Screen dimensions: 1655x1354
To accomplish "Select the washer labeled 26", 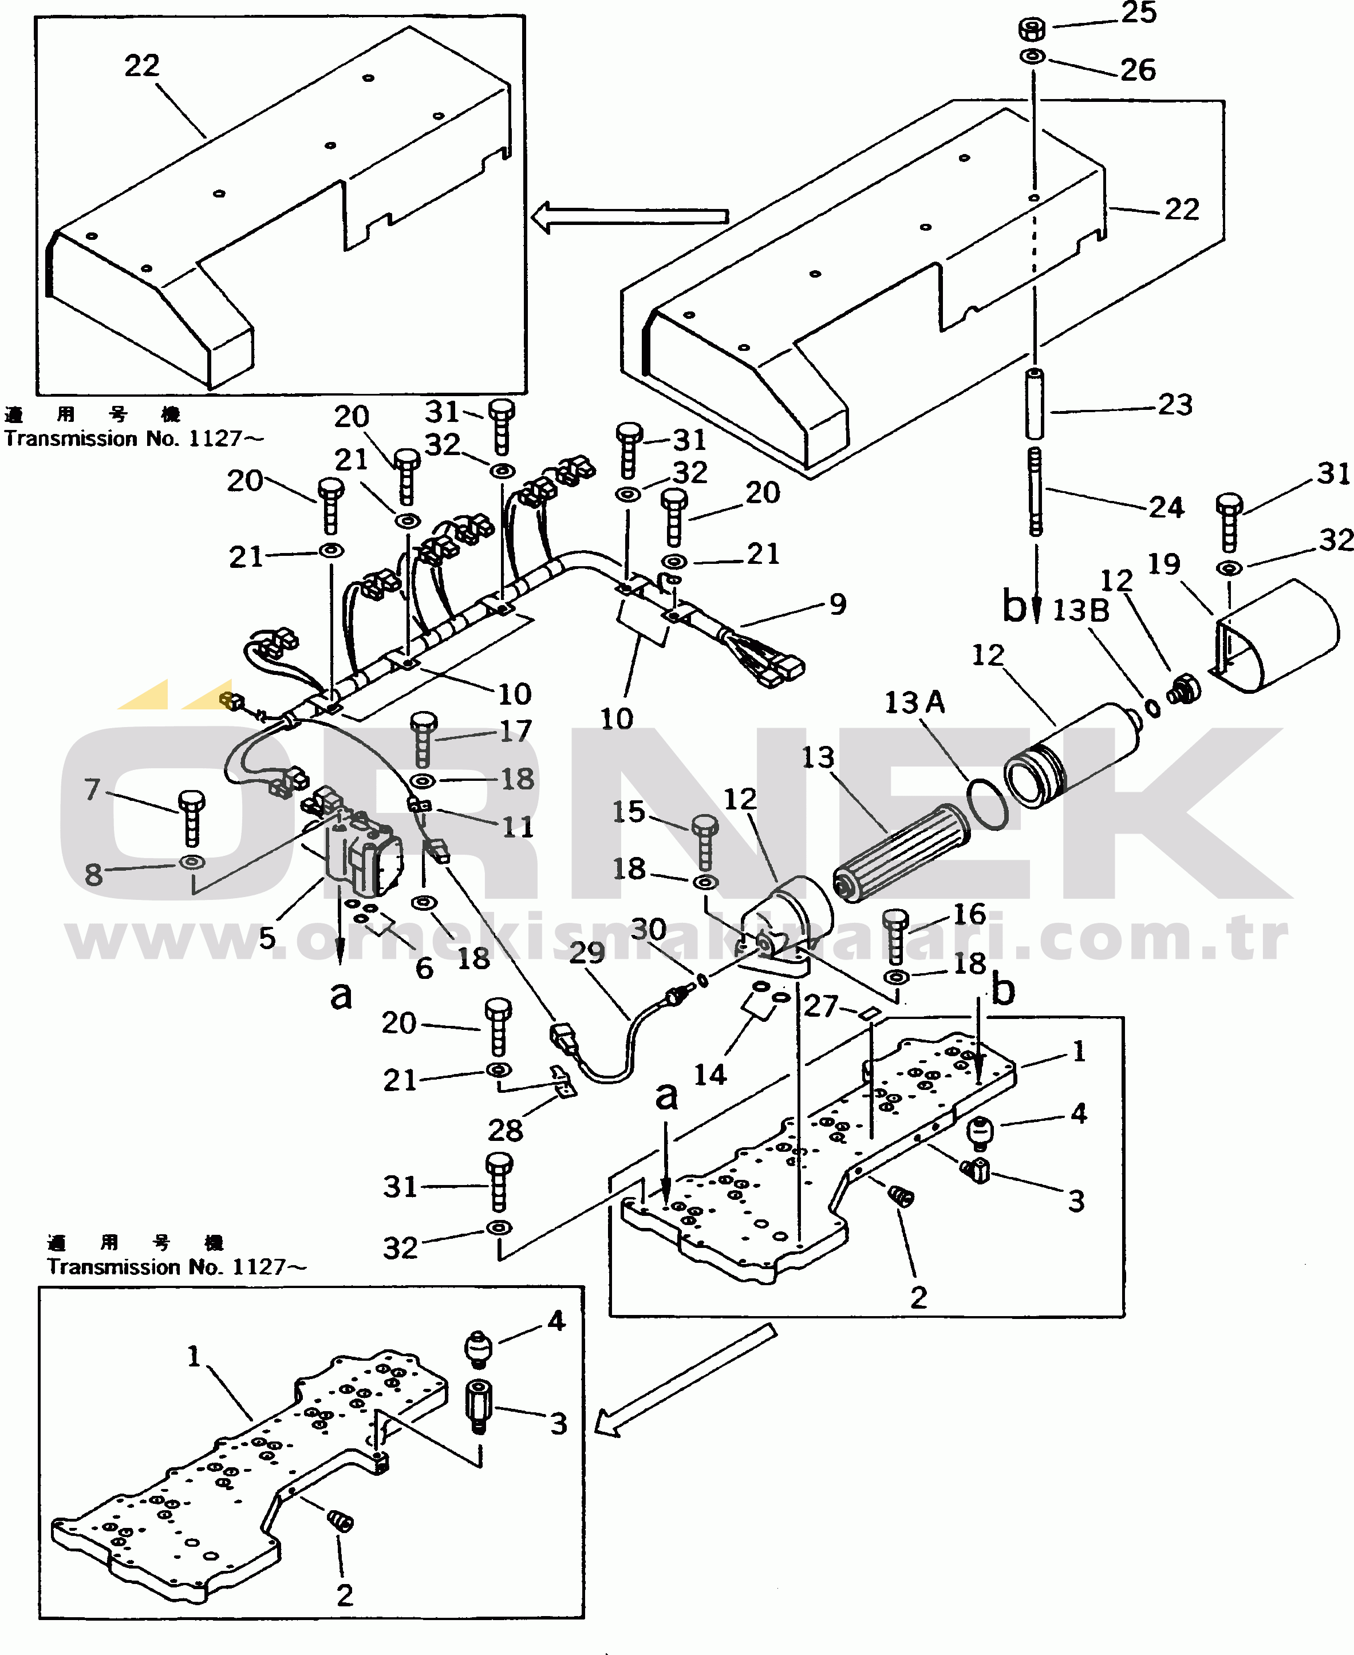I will point(1033,56).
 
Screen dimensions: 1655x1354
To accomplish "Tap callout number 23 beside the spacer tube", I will point(1175,405).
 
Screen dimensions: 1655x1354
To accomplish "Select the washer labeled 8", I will point(192,862).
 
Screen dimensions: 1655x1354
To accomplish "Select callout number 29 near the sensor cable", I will point(586,952).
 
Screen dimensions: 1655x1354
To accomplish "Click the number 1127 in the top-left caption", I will point(215,439).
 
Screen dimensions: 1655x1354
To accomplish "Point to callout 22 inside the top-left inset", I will point(142,65).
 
